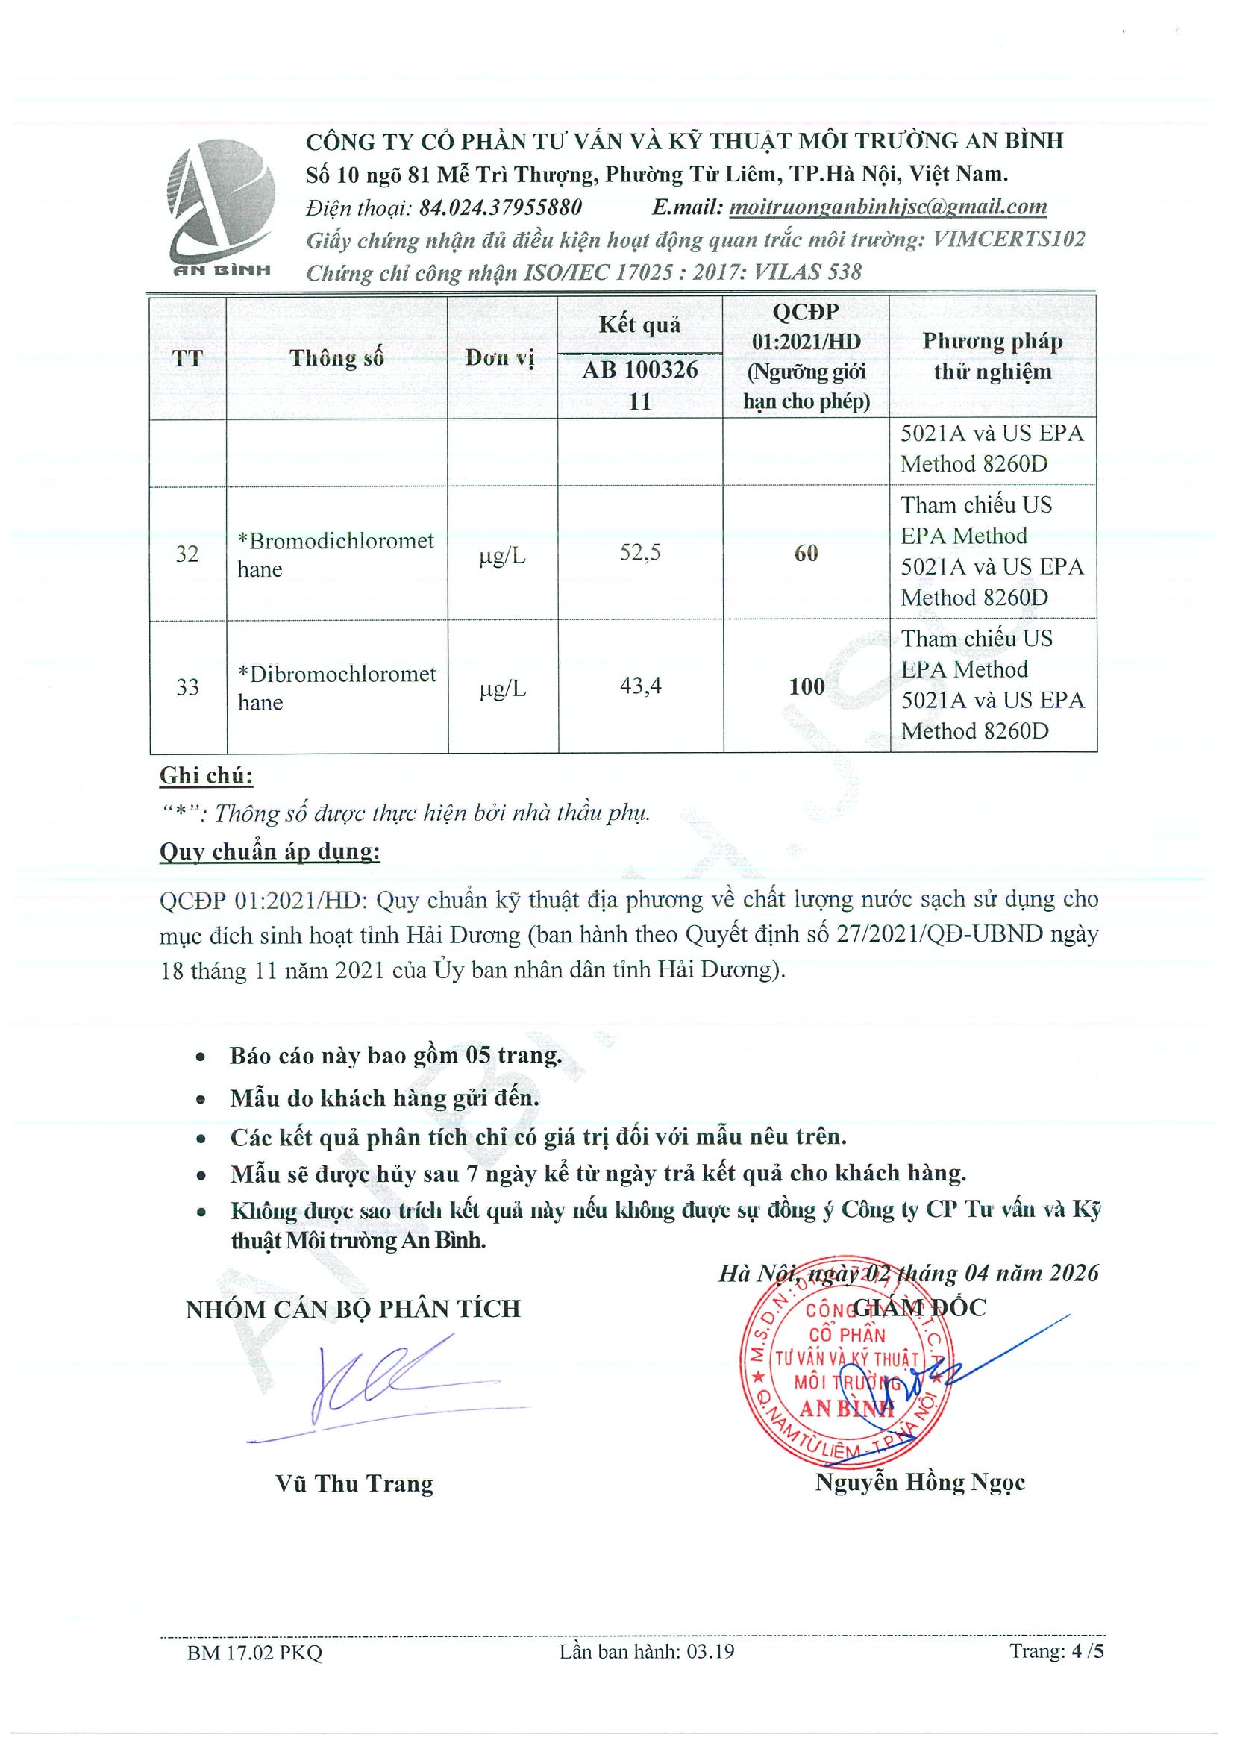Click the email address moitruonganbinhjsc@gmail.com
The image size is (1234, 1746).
click(887, 207)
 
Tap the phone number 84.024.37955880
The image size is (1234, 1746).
click(501, 207)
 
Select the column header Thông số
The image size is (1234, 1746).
click(336, 357)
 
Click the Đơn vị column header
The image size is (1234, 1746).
click(501, 357)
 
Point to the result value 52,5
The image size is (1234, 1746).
click(639, 553)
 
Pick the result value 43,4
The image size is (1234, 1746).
click(640, 686)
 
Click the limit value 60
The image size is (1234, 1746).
click(806, 554)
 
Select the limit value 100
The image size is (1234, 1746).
click(806, 686)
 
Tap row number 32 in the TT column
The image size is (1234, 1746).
click(187, 554)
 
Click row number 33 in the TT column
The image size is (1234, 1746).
click(187, 687)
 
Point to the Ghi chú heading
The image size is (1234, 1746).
click(206, 776)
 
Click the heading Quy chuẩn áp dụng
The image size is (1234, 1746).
click(270, 851)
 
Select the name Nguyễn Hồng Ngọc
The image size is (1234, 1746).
click(920, 1482)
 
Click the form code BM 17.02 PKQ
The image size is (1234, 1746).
click(254, 1652)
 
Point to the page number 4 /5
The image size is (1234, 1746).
click(1086, 1651)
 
